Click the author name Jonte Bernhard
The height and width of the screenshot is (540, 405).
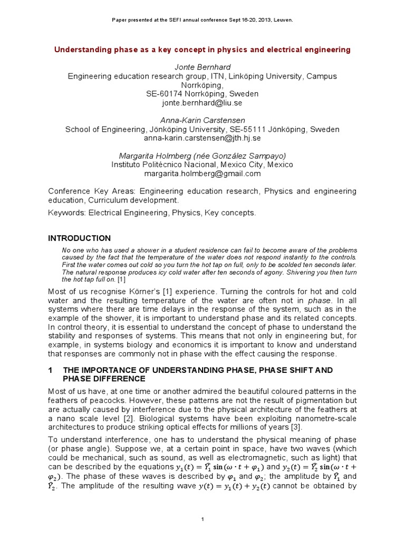pos(202,67)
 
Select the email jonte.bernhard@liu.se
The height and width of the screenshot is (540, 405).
pos(202,103)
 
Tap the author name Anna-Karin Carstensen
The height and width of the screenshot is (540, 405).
pos(202,120)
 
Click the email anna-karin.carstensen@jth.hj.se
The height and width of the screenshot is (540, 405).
pos(202,138)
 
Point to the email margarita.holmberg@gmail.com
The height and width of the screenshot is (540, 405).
pos(202,173)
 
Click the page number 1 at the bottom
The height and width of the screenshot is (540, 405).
pos(202,519)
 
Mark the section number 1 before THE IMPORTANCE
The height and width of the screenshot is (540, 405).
pos(50,370)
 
